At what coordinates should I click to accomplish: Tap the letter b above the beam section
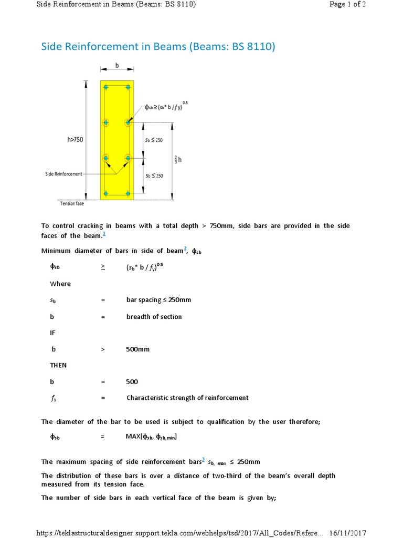coord(117,66)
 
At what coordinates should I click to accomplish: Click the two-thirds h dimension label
coord(179,160)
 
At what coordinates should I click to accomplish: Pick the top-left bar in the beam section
coord(106,87)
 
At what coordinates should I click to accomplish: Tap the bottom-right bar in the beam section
coord(128,194)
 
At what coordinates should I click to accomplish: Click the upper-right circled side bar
coord(128,122)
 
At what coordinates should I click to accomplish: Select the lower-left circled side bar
coord(106,158)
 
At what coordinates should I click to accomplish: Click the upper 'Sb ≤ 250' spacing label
coord(154,140)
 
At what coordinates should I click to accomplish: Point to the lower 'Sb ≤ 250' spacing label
coord(154,175)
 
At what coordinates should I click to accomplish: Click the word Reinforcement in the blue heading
coord(115,47)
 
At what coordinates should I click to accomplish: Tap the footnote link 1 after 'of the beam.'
coord(104,234)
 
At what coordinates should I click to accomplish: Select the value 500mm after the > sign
coord(138,349)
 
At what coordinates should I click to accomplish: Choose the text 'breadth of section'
coord(154,317)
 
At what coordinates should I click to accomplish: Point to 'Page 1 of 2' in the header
coord(347,5)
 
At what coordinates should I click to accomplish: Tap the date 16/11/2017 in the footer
coord(347,533)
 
